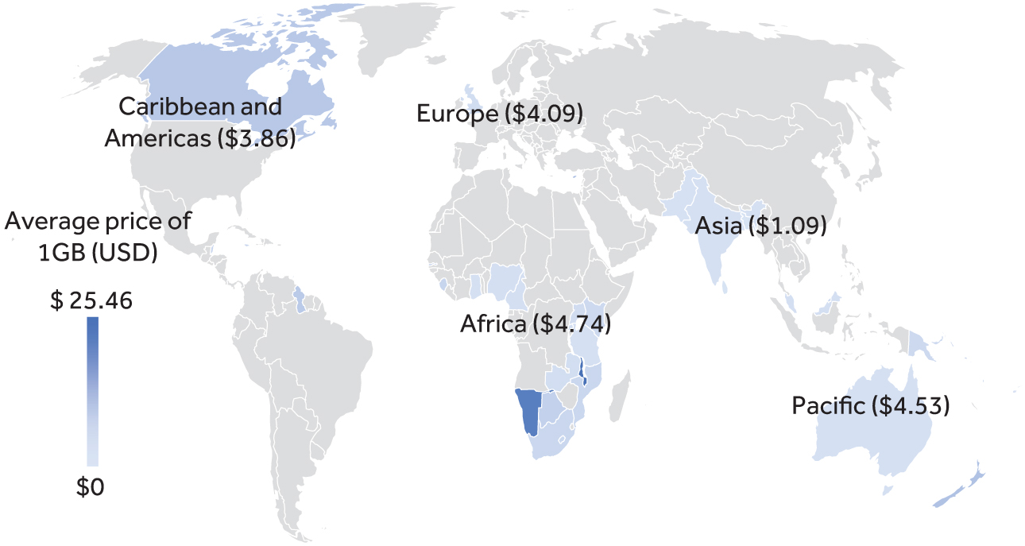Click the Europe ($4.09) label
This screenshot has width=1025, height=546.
pyautogui.click(x=500, y=114)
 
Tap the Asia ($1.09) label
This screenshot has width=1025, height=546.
pyautogui.click(x=760, y=226)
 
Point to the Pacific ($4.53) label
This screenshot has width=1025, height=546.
pyautogui.click(x=870, y=405)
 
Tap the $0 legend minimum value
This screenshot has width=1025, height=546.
pyautogui.click(x=90, y=487)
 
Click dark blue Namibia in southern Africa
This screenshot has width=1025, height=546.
pyautogui.click(x=528, y=409)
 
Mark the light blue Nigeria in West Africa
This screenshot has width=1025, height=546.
pyautogui.click(x=503, y=281)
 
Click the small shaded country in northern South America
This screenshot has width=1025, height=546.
pyautogui.click(x=298, y=300)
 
